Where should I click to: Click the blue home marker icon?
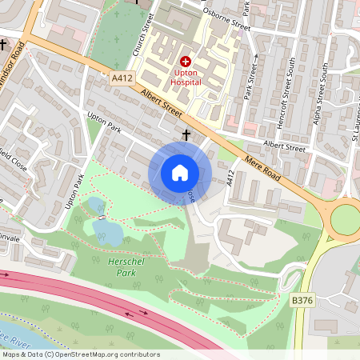coord(180,173)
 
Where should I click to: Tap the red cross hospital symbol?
coord(186,61)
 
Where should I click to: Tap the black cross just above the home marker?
coord(186,135)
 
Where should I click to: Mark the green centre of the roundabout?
coord(346,219)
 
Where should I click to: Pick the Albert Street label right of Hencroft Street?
coord(285,148)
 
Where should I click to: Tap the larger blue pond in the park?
coord(107,231)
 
